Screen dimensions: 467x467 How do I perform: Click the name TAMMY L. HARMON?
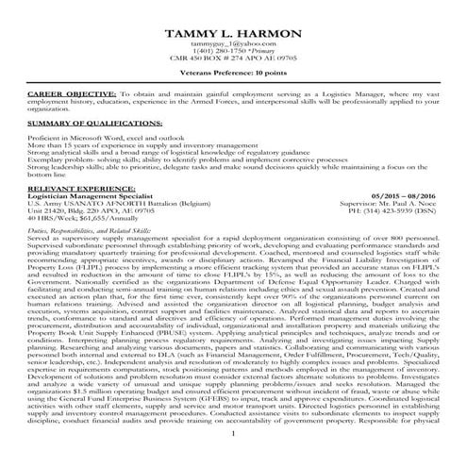click(x=233, y=35)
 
